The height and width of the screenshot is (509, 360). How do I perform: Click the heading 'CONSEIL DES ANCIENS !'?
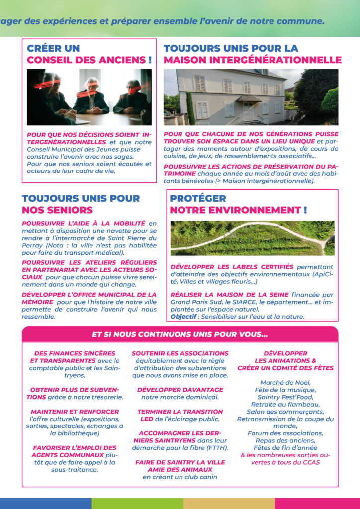89,60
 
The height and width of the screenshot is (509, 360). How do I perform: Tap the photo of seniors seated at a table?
89,96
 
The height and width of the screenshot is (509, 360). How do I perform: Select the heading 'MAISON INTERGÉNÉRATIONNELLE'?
252,60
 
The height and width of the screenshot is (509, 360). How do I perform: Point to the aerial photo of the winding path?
252,238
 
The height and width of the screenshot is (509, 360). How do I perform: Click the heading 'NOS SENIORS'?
57,210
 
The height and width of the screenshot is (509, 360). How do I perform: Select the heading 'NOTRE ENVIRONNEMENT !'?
238,210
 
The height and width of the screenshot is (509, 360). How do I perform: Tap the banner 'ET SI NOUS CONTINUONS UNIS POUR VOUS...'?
180,334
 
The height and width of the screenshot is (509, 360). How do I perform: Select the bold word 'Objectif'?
183,316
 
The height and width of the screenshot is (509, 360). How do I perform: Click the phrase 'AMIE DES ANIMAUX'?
180,469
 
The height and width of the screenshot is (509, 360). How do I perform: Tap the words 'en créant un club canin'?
180,477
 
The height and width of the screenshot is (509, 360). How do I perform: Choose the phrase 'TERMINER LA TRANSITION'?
180,412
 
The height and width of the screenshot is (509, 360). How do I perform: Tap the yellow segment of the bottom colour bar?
229,503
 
